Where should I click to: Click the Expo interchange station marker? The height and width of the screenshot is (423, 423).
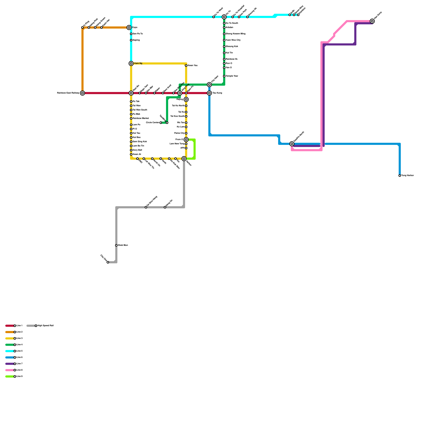click(x=129, y=27)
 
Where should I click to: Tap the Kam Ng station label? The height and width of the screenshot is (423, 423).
click(x=138, y=63)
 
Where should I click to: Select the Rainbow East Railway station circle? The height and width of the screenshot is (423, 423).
click(x=82, y=93)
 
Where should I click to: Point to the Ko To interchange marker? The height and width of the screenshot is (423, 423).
click(x=224, y=17)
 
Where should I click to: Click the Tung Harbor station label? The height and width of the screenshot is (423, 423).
click(x=407, y=176)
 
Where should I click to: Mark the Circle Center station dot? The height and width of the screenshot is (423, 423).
click(x=161, y=123)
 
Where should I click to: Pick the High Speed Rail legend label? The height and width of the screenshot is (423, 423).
click(x=45, y=326)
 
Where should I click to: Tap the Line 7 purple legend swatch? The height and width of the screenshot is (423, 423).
click(x=10, y=364)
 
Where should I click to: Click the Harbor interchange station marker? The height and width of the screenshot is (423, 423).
click(x=184, y=159)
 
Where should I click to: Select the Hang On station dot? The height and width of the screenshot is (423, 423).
click(x=165, y=207)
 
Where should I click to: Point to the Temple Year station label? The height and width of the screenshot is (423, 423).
click(x=232, y=76)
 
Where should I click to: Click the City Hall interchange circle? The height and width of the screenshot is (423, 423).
click(x=209, y=85)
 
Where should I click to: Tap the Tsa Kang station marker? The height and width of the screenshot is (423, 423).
click(x=209, y=93)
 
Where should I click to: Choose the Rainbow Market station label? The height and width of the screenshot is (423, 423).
click(x=141, y=118)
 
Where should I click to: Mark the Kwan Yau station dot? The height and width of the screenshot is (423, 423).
click(x=186, y=66)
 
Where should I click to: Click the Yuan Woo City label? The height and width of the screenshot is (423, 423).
click(x=233, y=40)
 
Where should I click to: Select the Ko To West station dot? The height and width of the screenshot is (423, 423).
click(x=214, y=17)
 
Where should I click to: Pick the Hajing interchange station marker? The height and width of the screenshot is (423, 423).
click(x=186, y=99)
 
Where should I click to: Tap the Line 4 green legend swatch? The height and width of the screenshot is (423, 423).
click(x=10, y=345)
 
